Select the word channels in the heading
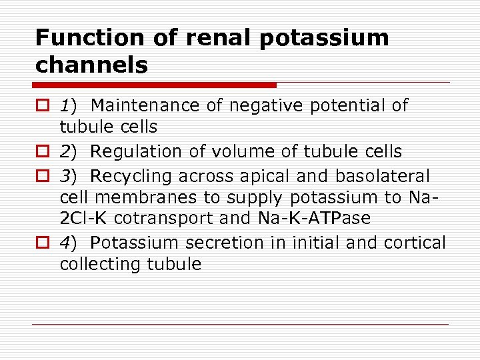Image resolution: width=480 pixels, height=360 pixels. (x=91, y=65)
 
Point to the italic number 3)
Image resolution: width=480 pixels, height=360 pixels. (x=69, y=176)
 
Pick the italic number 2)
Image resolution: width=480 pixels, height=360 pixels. (x=69, y=151)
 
